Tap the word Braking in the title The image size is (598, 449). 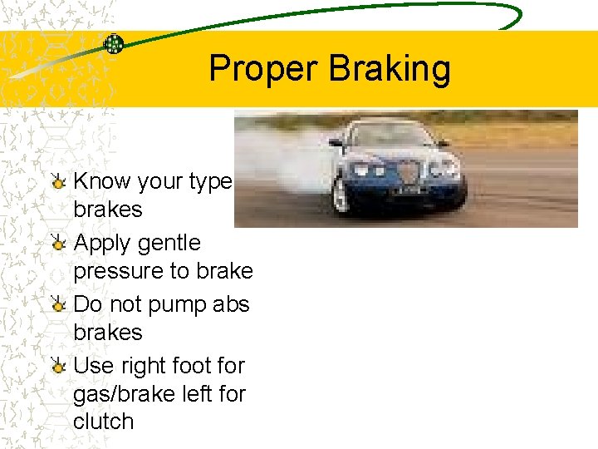point(390,69)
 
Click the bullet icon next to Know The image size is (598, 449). point(57,180)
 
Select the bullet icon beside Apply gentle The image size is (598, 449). point(57,243)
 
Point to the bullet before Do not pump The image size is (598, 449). point(57,304)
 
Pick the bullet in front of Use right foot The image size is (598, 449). point(57,366)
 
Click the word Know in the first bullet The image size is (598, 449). point(102,181)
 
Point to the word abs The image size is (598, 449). point(231,304)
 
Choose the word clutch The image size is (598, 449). point(103,421)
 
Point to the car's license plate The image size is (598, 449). point(407,190)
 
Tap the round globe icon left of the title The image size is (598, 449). point(114,44)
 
